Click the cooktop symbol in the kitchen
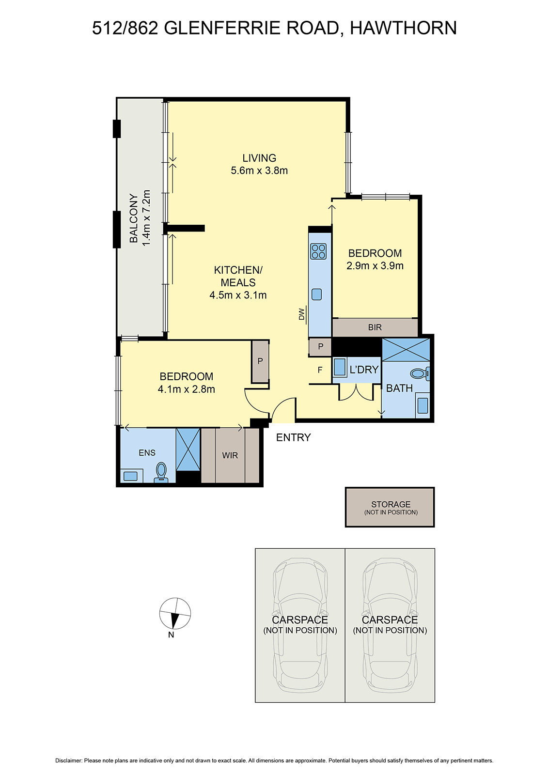[318, 251]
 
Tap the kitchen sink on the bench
[317, 294]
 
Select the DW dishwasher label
[301, 314]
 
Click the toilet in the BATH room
[419, 373]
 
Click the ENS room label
[147, 452]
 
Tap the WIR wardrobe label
[230, 455]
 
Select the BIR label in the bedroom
[375, 327]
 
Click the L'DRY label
[364, 370]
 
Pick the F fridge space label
[320, 370]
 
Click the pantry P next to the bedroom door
[260, 361]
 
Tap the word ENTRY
[293, 437]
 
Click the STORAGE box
[390, 507]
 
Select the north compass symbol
[175, 614]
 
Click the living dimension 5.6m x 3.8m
[259, 170]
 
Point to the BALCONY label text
[134, 218]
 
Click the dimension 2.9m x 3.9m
[375, 265]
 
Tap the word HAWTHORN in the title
[403, 28]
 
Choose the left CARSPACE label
[300, 620]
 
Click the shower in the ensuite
[188, 449]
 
